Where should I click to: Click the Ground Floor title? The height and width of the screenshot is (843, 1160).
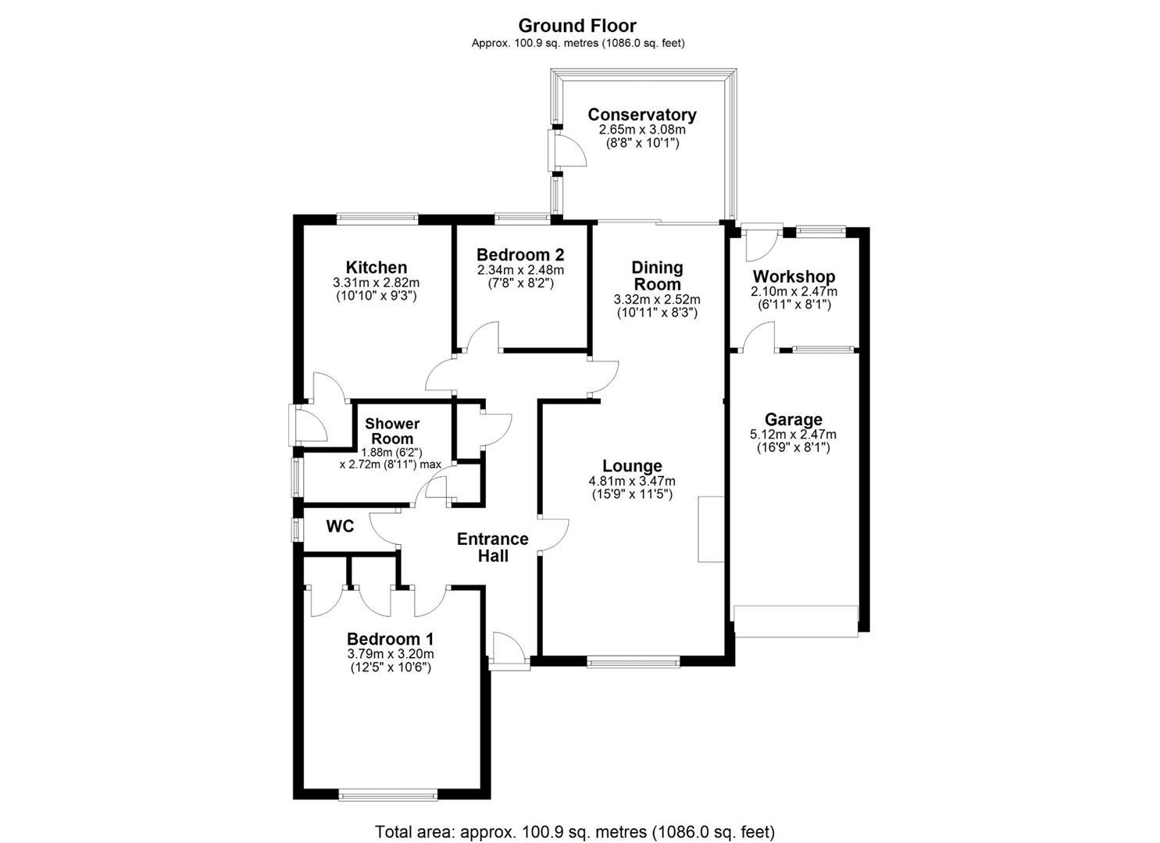click(577, 25)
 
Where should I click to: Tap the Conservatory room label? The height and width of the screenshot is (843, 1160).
click(641, 115)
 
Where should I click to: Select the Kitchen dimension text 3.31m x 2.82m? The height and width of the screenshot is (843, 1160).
click(376, 283)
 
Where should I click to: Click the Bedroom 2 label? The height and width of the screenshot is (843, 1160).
click(519, 254)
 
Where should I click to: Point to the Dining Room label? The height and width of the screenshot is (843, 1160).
click(657, 276)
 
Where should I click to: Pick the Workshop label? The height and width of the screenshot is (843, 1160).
click(793, 276)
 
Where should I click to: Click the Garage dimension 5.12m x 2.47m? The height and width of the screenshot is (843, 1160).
click(793, 434)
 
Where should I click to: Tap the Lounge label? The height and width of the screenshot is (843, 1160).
click(632, 466)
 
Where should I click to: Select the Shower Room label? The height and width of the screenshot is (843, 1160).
click(392, 431)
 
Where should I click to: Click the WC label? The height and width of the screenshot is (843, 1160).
click(340, 526)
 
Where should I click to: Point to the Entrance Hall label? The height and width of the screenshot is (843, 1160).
click(492, 547)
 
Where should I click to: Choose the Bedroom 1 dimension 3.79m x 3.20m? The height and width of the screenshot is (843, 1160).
click(390, 654)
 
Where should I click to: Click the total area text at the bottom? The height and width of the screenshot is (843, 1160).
click(575, 831)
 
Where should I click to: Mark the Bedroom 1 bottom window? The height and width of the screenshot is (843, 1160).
click(388, 795)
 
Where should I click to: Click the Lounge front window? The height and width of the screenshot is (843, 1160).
click(634, 662)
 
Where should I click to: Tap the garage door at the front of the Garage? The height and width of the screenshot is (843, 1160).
click(796, 621)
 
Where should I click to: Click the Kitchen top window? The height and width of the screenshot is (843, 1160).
click(377, 219)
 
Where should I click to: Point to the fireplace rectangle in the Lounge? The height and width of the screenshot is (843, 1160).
click(710, 528)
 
